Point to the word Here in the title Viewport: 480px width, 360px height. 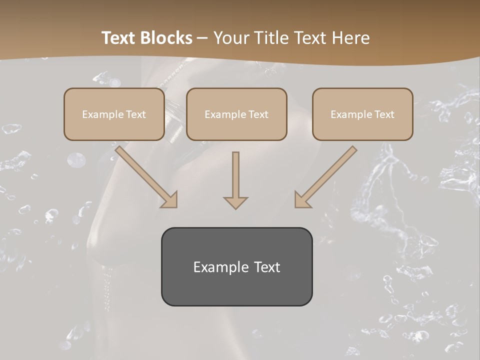[x=350, y=38]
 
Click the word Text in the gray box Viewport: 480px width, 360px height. [x=267, y=267]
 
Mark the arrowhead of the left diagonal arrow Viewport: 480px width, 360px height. [x=170, y=200]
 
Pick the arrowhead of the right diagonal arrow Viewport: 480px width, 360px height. [x=301, y=200]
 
